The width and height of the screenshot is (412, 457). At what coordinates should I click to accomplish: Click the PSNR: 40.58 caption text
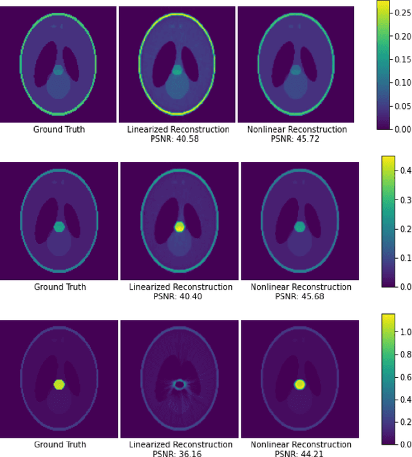[x=177, y=139]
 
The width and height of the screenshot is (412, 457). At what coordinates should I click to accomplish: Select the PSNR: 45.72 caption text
[x=297, y=139]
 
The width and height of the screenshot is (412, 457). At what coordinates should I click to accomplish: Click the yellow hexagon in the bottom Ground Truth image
[x=59, y=384]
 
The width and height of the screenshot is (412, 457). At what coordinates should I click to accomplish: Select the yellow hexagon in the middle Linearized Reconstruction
[x=180, y=227]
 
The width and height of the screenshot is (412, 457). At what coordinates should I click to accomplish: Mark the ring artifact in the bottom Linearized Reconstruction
[x=180, y=384]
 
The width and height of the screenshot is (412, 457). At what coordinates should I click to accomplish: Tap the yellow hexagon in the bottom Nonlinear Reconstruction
[x=299, y=384]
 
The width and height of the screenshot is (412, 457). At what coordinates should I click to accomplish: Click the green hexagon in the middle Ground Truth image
[x=59, y=227]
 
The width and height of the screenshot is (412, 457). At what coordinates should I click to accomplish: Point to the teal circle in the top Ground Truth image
[x=59, y=70]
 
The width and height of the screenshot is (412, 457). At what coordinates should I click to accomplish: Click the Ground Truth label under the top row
[x=59, y=129]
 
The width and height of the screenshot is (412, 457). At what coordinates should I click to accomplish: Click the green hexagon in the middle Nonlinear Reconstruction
[x=299, y=227]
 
